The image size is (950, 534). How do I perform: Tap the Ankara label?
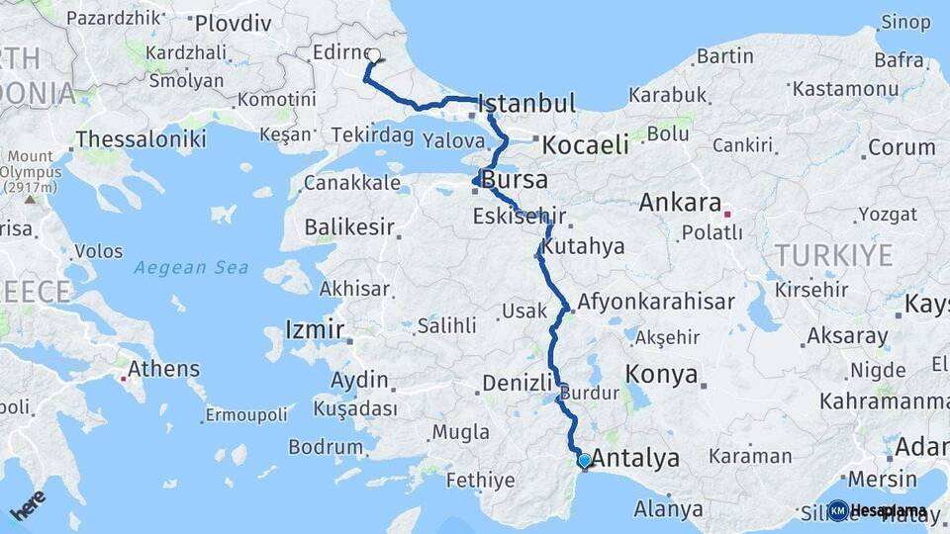[680, 203]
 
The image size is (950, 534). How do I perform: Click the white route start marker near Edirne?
[374, 55]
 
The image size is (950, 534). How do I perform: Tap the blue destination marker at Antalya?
[584, 460]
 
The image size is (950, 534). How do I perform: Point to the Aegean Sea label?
[191, 267]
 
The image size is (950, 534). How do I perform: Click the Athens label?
[163, 370]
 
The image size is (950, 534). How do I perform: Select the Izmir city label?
[315, 329]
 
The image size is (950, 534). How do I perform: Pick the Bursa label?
[515, 181]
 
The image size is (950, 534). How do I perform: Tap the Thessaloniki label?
[141, 139]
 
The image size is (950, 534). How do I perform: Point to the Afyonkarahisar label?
[656, 303]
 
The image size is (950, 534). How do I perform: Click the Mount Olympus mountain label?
[31, 171]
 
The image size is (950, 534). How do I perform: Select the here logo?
[27, 506]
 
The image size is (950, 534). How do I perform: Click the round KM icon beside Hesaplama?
[838, 510]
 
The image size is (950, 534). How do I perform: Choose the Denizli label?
[517, 383]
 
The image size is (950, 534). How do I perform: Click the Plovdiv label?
[233, 23]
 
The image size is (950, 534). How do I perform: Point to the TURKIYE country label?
[833, 255]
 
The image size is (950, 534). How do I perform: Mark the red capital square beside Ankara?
[727, 213]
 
